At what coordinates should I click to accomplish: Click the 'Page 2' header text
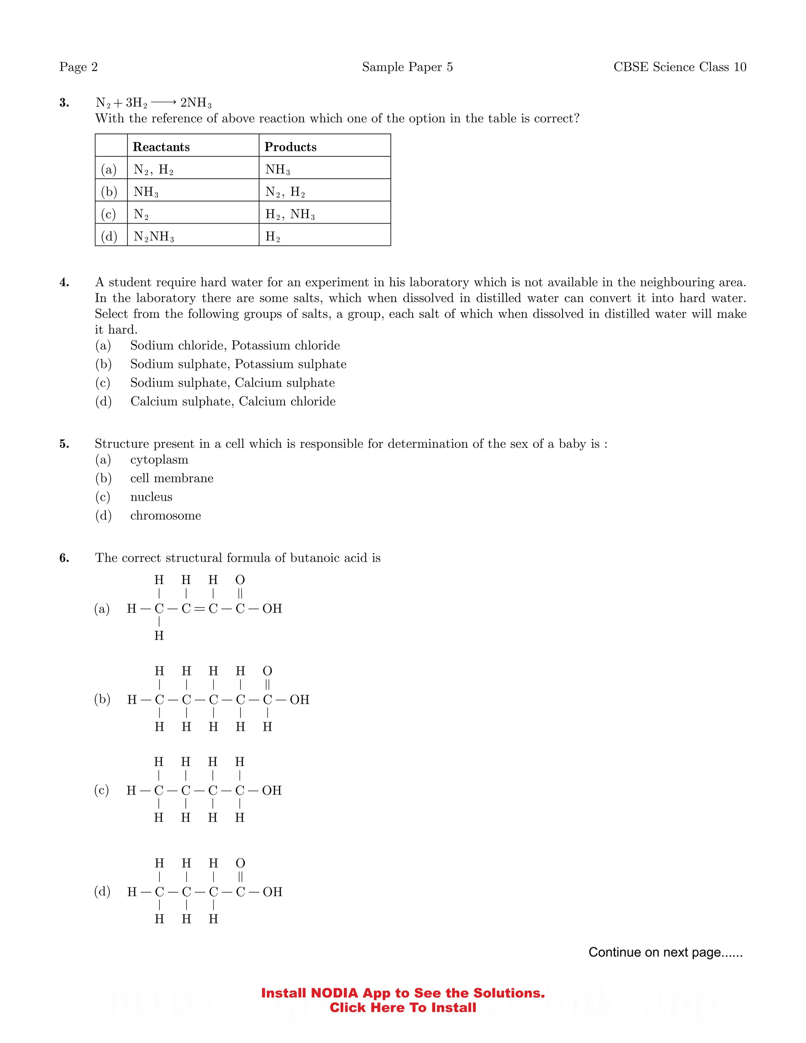click(x=78, y=67)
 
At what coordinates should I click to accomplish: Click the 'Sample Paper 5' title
click(x=407, y=67)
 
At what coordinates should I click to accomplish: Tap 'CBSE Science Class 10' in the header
click(x=679, y=67)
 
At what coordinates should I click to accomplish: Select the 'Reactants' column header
click(x=161, y=147)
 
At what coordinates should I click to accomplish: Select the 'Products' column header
click(x=290, y=147)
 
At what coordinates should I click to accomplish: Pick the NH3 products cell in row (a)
click(x=277, y=170)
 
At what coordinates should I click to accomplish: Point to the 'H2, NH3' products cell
click(x=290, y=214)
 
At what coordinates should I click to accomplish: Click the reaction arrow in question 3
click(x=164, y=102)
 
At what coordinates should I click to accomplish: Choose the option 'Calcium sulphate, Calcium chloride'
click(x=233, y=401)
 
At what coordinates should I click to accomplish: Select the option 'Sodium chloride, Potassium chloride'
click(x=235, y=345)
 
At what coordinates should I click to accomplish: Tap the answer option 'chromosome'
click(x=165, y=515)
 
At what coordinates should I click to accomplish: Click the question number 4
click(x=64, y=282)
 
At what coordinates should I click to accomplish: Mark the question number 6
click(x=64, y=558)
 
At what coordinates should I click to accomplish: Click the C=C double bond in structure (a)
click(x=200, y=608)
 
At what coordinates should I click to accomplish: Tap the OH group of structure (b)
click(x=299, y=700)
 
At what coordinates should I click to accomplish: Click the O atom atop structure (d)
click(x=240, y=864)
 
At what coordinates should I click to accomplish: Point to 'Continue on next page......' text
click(x=665, y=952)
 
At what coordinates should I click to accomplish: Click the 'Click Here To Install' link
click(x=403, y=1008)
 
